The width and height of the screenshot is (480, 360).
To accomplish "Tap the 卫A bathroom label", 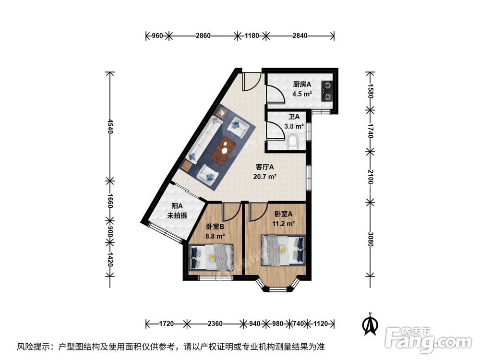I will pyautogui.click(x=294, y=117).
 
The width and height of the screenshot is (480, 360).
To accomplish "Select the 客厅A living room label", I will pyautogui.click(x=264, y=168).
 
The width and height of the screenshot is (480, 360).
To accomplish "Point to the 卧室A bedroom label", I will pyautogui.click(x=284, y=214).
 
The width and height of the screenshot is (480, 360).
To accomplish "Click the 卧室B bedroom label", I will pyautogui.click(x=215, y=227).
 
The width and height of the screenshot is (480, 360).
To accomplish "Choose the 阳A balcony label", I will pyautogui.click(x=176, y=207).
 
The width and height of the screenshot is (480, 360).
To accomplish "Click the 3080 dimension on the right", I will pyautogui.click(x=370, y=239).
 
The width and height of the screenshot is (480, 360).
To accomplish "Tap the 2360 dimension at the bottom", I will pyautogui.click(x=215, y=324).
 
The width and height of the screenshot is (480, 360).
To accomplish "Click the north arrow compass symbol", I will pyautogui.click(x=370, y=324).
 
